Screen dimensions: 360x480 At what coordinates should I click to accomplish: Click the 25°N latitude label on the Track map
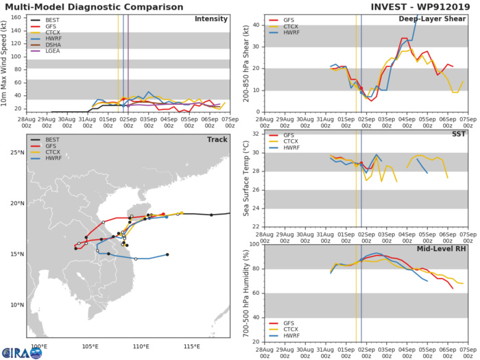18,152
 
